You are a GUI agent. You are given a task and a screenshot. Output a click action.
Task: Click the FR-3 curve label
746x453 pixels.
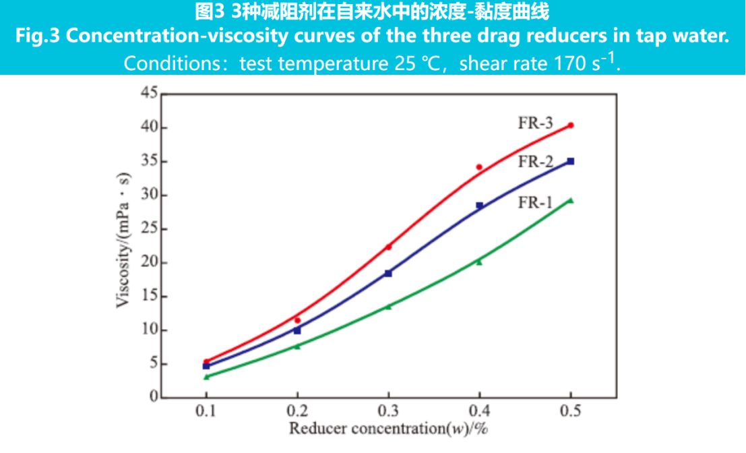point(536,123)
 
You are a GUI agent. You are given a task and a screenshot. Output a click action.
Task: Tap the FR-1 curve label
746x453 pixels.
point(536,202)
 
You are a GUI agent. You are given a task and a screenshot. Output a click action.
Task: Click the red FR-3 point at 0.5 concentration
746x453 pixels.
point(571,125)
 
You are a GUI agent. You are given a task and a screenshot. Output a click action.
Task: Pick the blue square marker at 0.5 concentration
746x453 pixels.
point(571,161)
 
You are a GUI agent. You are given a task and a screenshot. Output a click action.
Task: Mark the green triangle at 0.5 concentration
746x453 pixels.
point(571,200)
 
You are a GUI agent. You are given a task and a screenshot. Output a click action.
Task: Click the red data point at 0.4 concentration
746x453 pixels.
point(479,167)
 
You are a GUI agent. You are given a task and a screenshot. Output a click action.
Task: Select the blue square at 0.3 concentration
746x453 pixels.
point(388,273)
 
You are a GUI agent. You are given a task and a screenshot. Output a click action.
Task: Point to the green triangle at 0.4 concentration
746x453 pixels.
point(479,262)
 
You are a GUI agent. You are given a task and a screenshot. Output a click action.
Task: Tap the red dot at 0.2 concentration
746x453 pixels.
point(297,320)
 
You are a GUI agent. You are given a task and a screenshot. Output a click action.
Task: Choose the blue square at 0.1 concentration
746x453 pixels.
point(206,366)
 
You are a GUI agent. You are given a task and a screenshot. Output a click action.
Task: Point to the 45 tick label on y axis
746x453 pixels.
point(149,94)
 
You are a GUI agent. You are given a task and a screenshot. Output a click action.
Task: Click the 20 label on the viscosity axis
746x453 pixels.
point(149,262)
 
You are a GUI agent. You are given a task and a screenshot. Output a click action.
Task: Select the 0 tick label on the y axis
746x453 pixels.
point(153,397)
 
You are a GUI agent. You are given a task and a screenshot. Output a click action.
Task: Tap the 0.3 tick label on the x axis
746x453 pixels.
point(388,411)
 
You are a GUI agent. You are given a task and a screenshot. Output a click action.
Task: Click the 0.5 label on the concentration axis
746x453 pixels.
point(571,411)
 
